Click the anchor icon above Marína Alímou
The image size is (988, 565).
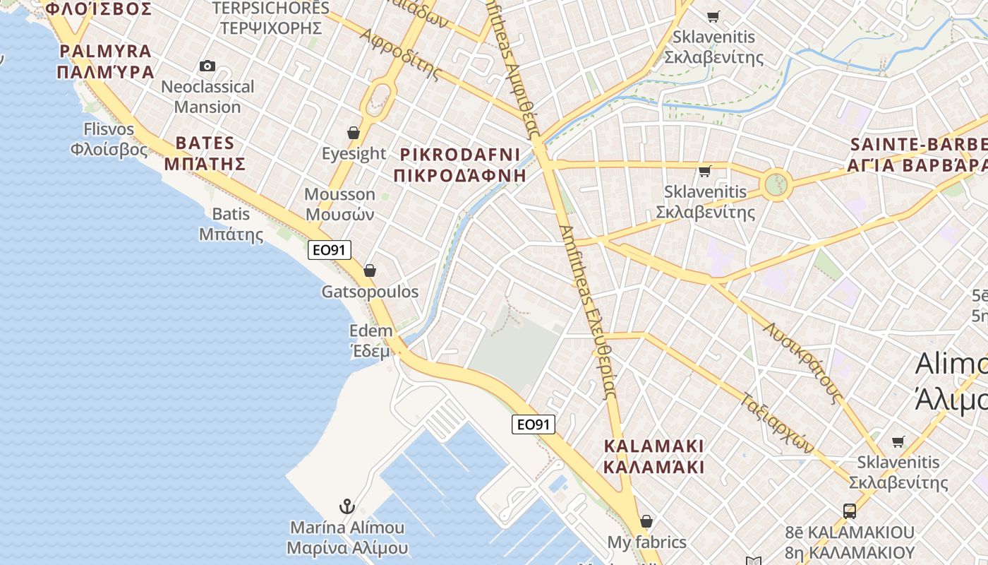point(347,506)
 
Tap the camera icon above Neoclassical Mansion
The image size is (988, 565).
point(207,66)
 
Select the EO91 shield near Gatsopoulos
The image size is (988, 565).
point(330,249)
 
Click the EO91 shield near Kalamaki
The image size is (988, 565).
point(534,424)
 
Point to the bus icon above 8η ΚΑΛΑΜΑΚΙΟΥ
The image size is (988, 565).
point(850,511)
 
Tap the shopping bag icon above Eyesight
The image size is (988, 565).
point(354,133)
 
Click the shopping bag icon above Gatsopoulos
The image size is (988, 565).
point(369,270)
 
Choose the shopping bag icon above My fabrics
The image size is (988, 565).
point(646,522)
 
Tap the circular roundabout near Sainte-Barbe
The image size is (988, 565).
point(776,186)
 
